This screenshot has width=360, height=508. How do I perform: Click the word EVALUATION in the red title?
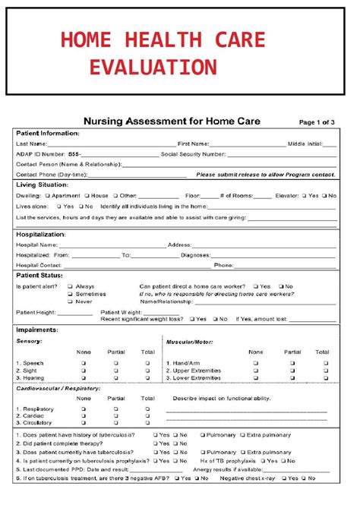pos(153,68)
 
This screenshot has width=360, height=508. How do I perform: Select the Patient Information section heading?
pos(48,133)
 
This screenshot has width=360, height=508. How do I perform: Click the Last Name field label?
pos(31,143)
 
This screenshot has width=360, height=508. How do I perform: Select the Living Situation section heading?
pos(42,185)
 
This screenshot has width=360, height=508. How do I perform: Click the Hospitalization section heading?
pos(42,235)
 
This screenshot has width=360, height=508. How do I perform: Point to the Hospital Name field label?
pos(37,245)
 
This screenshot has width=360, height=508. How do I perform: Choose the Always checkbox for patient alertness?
pos(70,286)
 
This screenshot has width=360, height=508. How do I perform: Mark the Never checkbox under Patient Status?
pos(70,301)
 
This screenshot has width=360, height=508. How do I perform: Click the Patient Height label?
pos(36,312)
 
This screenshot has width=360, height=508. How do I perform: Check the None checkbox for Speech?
pos(84,364)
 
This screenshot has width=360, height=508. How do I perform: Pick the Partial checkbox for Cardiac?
pos(115,415)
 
